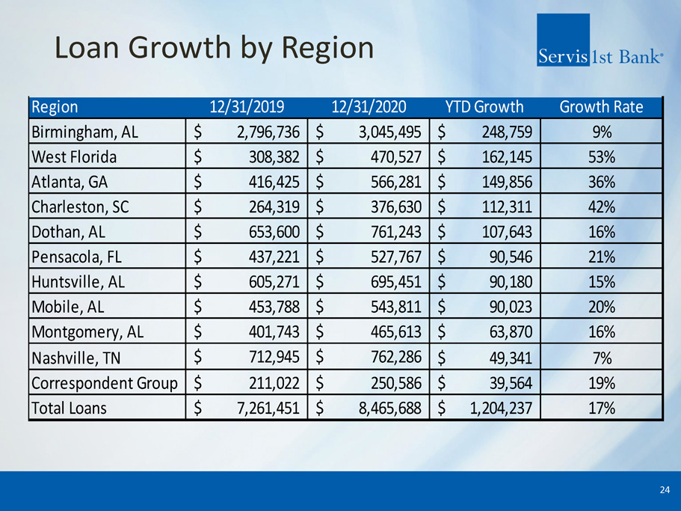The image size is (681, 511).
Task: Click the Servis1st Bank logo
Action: click(x=600, y=41)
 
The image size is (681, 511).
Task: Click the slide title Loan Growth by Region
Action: click(x=214, y=48)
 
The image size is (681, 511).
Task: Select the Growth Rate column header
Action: click(x=600, y=107)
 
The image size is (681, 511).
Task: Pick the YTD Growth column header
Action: click(x=484, y=107)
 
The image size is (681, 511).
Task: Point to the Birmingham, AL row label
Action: click(x=86, y=132)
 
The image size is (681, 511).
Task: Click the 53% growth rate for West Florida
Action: click(x=601, y=158)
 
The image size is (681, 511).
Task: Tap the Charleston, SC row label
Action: click(x=81, y=207)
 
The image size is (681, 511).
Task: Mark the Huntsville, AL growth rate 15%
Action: click(x=601, y=282)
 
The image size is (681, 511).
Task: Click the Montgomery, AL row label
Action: click(x=88, y=333)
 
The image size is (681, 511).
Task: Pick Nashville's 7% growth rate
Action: click(x=601, y=358)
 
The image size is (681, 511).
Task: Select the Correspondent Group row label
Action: click(x=105, y=383)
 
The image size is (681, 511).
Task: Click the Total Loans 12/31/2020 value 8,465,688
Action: click(x=380, y=409)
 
